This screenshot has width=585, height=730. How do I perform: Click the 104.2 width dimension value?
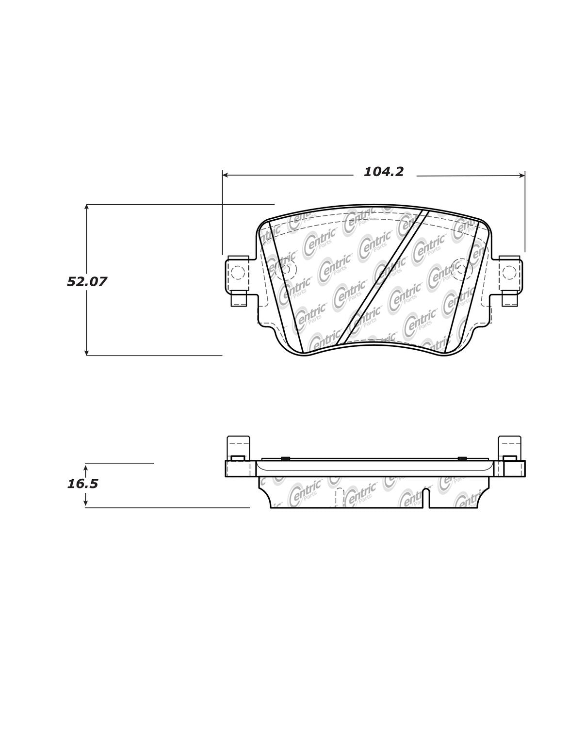pos(384,172)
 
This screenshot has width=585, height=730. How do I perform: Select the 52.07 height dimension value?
pos(87,281)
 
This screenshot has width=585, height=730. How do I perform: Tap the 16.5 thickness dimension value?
pos(83,484)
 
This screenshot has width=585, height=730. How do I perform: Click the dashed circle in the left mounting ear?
pos(238,273)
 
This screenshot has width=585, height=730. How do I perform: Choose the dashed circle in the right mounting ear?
pos(509,273)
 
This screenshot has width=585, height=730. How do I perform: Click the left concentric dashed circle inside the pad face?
pos(285,269)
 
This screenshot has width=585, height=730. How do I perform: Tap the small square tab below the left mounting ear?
pos(239,301)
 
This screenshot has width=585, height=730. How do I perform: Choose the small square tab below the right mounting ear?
pos(509,300)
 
